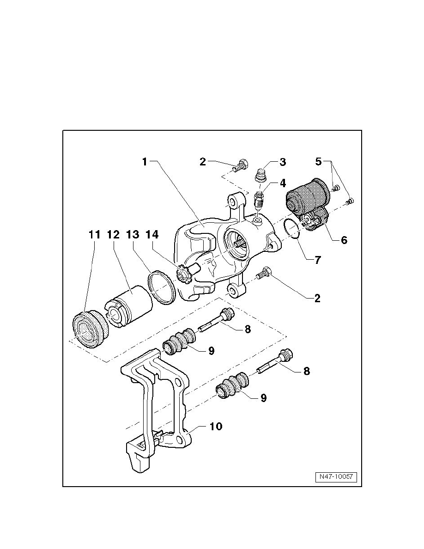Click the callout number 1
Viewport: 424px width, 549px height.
pos(145,162)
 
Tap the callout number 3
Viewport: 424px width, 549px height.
pos(282,162)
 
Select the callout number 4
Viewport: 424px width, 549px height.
pos(282,183)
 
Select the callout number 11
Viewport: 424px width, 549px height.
pos(94,235)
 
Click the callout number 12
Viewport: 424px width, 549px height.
pos(114,235)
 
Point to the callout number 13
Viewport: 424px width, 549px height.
pos(133,235)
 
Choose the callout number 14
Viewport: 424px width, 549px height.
pos(152,235)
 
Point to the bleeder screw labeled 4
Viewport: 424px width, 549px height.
pos(260,200)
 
